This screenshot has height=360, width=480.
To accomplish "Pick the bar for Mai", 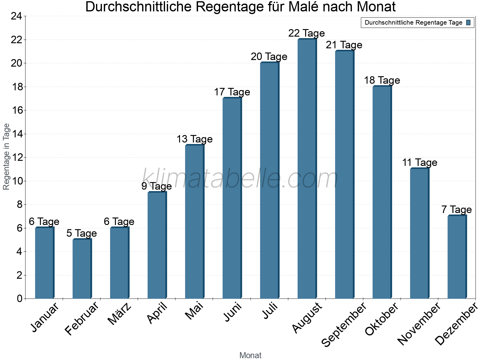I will [194, 222].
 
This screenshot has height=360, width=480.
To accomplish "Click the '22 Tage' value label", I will [307, 33].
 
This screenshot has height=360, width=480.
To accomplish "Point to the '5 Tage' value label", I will [82, 233].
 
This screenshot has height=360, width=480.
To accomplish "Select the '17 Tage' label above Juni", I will [232, 92].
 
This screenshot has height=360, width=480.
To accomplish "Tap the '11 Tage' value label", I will [419, 163].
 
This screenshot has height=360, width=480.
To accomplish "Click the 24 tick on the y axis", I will [16, 16].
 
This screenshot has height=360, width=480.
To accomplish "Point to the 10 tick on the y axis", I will [16, 181].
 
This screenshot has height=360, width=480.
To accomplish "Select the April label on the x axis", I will [157, 313].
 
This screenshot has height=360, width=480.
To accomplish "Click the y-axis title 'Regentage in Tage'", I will [6, 157].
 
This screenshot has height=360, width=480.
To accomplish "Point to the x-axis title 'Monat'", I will [250, 355].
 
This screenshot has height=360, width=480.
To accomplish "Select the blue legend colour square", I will [469, 22].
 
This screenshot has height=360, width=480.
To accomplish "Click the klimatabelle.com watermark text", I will [240, 179].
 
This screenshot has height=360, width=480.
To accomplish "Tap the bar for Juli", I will [269, 180].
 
